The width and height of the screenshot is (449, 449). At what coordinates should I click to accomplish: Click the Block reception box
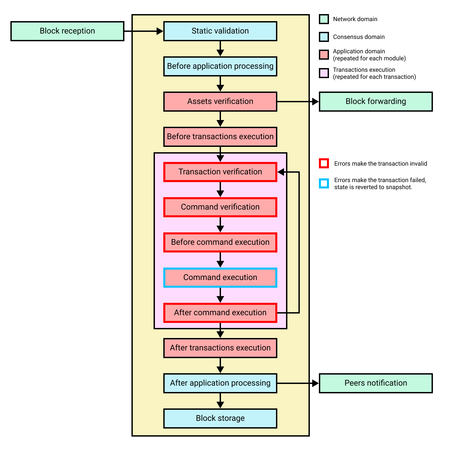pos(67,31)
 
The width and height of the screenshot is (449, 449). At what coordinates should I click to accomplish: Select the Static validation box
pos(220,31)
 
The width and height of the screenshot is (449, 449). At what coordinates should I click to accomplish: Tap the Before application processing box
pos(220,66)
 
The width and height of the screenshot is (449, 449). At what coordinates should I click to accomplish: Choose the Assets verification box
pos(220,102)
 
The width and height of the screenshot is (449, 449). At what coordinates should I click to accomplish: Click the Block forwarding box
pos(376,102)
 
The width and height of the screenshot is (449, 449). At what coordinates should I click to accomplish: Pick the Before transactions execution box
pos(220,137)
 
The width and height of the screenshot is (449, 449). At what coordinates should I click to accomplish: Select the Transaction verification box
pos(220,172)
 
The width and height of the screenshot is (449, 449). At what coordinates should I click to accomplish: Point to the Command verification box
pos(220,207)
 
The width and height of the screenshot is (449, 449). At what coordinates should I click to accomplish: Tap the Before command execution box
pos(220,242)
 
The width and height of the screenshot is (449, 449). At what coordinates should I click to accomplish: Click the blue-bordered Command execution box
pos(220,278)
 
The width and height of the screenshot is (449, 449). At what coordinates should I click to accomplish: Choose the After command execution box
pos(220,313)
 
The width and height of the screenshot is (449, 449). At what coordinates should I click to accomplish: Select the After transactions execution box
pos(220,348)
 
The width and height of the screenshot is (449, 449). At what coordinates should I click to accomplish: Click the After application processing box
pos(220,383)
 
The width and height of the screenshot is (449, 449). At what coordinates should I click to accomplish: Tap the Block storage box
pos(220,418)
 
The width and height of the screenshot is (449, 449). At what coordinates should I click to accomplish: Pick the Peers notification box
pos(376,383)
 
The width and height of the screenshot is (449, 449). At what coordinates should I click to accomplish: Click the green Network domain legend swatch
pos(324,19)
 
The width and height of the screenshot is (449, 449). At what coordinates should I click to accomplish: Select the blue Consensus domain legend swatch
pos(324,37)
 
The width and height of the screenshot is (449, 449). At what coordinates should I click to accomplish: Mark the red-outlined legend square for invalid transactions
pos(324,164)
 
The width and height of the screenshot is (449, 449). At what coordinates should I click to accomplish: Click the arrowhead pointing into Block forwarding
pos(315,102)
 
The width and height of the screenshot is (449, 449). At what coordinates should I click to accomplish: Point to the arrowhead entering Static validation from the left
pos(160,31)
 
